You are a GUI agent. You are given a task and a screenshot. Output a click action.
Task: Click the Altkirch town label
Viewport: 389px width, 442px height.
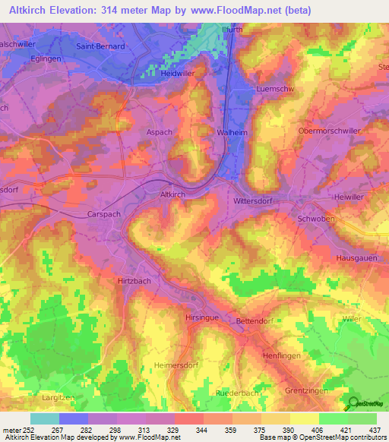tap(172, 195)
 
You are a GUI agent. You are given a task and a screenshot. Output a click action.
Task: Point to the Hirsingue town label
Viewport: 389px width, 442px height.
tap(202, 317)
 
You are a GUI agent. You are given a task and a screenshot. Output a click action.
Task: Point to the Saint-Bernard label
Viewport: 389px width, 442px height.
tap(100, 46)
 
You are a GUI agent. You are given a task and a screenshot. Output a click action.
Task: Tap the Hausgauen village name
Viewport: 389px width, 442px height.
tap(357, 258)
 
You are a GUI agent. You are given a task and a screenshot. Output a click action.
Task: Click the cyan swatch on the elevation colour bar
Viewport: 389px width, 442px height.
tap(44, 418)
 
